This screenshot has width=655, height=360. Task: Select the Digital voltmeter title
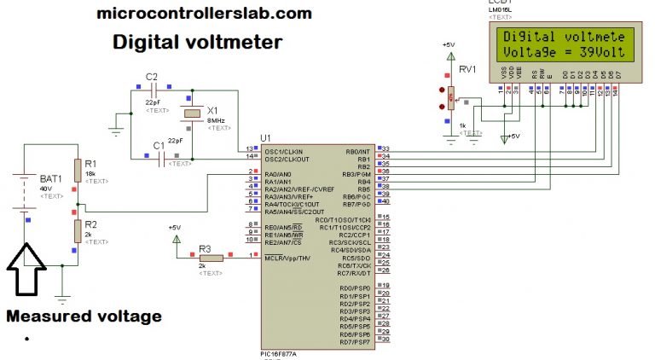[x=198, y=42]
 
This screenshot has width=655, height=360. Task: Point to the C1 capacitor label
[x=158, y=146]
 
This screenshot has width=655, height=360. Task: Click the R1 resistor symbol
[x=77, y=167]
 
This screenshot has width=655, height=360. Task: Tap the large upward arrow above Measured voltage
[x=26, y=270]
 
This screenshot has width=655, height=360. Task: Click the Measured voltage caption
[x=84, y=316]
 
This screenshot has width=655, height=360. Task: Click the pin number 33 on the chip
[x=385, y=149]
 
